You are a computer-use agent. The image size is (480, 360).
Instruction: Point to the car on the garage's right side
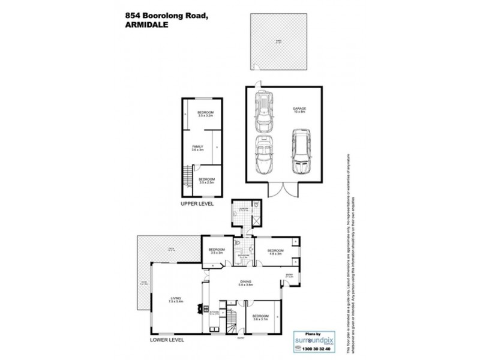pyautogui.click(x=300, y=149)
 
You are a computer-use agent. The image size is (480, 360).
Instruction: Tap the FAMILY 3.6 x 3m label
pyautogui.click(x=198, y=148)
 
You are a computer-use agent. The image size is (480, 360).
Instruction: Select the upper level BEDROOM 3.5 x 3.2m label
pyautogui.click(x=206, y=114)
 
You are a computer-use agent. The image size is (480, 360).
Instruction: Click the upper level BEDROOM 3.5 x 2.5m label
pyautogui.click(x=207, y=180)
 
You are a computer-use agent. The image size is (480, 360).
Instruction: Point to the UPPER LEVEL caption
pyautogui.click(x=197, y=205)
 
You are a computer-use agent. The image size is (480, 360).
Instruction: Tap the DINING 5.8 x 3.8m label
pyautogui.click(x=246, y=284)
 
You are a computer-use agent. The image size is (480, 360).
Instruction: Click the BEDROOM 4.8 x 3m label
pyautogui.click(x=275, y=252)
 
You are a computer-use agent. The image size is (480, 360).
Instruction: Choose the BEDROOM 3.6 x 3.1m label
pyautogui.click(x=260, y=317)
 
